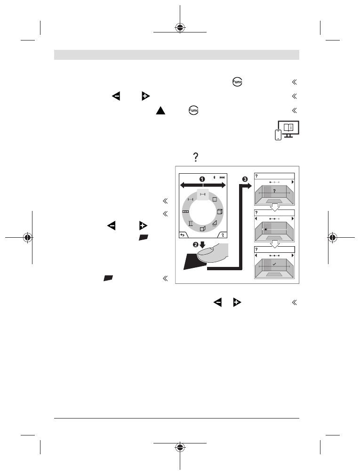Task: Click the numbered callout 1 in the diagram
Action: pos(202,179)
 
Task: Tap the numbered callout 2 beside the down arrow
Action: pos(196,244)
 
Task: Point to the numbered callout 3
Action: pos(245,179)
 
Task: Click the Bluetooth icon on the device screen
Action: pos(214,177)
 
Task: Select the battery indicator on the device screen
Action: pos(223,177)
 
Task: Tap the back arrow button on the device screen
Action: pos(183,235)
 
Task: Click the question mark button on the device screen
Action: pos(223,235)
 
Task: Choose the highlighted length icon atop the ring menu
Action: pos(202,194)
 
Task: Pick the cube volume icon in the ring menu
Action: pos(219,212)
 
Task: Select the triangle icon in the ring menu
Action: pos(215,224)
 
